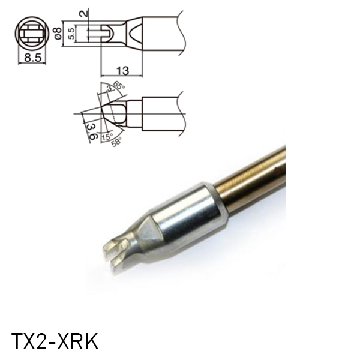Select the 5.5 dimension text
(x=71, y=34)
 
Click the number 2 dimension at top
(x=88, y=11)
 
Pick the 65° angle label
(x=118, y=86)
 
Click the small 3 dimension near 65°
(x=109, y=90)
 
